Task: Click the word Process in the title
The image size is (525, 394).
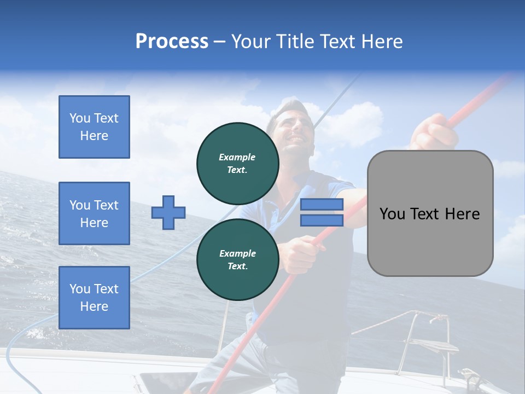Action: (172, 42)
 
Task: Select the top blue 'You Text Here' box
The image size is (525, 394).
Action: (94, 127)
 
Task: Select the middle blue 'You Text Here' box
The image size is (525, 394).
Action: (94, 213)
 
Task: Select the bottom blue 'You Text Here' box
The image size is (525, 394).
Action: (94, 298)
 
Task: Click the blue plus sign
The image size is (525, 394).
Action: (168, 212)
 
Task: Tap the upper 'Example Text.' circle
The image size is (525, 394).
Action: (238, 163)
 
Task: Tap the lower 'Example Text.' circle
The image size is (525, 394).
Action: (238, 259)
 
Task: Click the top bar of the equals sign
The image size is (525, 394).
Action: (322, 205)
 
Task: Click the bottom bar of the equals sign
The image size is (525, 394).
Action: (322, 220)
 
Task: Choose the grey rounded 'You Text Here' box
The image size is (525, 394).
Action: (430, 213)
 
